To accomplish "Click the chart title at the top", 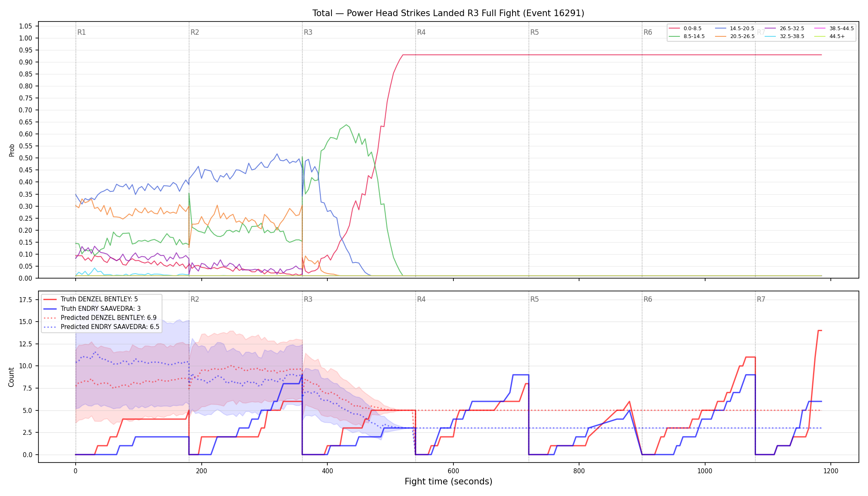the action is pos(448,13).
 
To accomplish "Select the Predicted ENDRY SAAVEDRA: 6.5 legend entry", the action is pos(101,327).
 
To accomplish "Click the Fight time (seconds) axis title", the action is pos(448,482).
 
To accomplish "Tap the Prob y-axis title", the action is pos(12,150).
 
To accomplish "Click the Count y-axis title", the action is pos(11,377).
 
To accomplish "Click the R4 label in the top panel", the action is pos(421,32).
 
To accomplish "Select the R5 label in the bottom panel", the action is pos(534,299).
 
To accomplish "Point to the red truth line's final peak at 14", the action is pos(820,331).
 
